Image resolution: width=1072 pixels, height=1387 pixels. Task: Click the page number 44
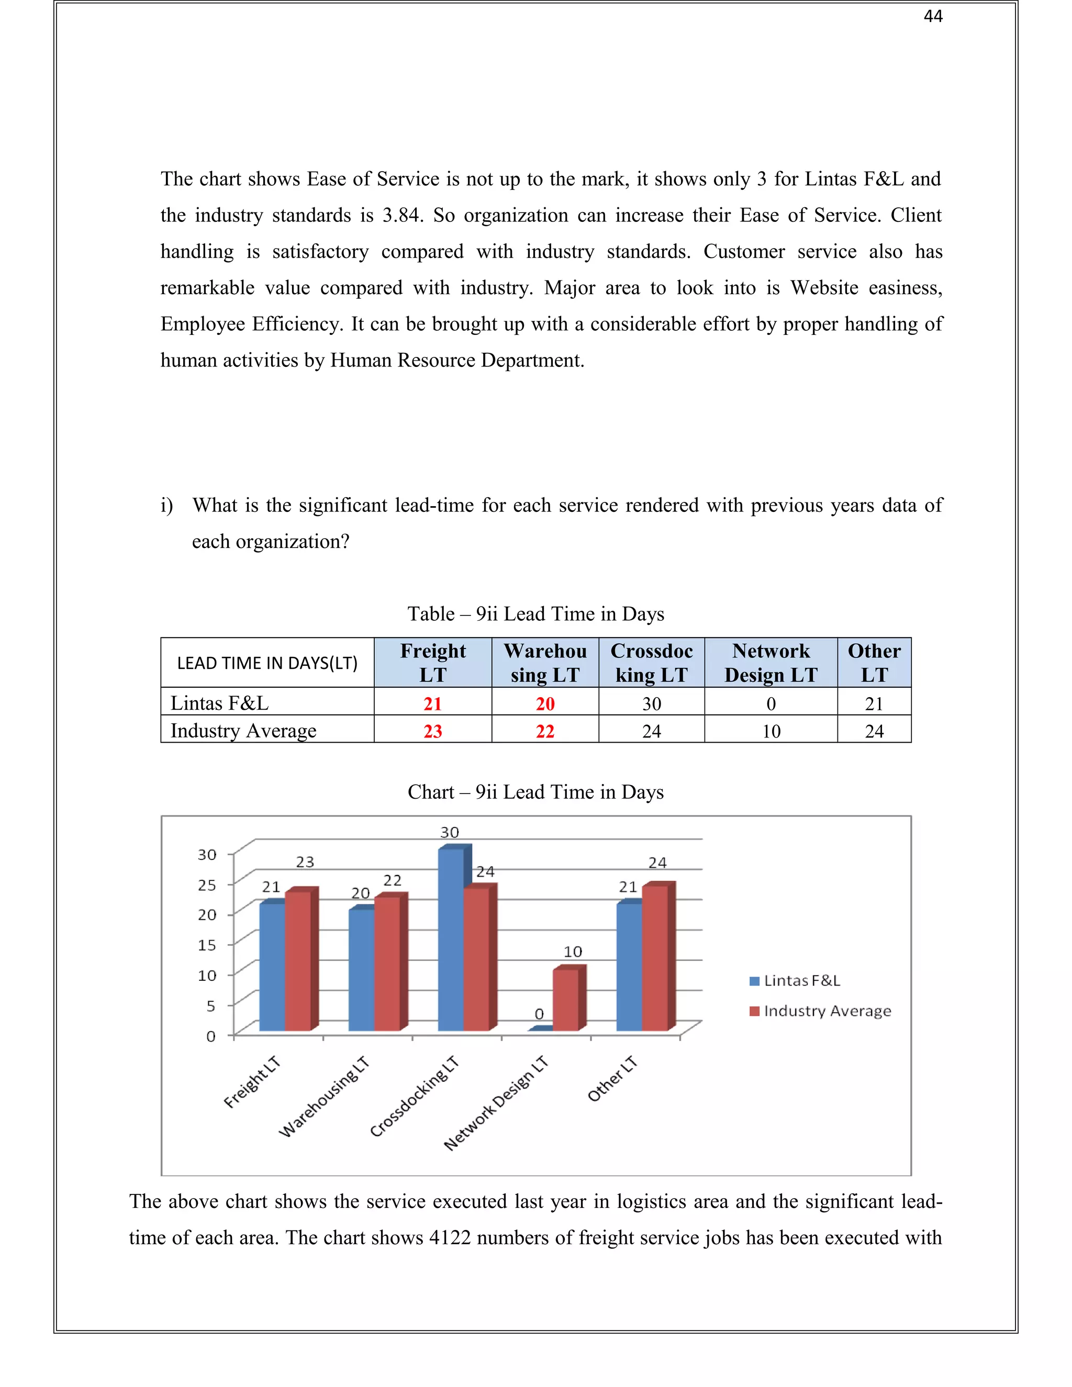(932, 17)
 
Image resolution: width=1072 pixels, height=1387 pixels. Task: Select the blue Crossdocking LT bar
(450, 940)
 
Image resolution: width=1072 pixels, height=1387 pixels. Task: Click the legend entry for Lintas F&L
(795, 980)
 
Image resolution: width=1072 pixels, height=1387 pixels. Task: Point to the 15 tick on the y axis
(207, 945)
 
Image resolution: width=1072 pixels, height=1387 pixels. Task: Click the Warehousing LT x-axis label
(325, 1097)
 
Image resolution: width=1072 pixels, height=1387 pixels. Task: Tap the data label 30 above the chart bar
(450, 832)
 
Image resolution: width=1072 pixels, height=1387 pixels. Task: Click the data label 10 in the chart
(573, 952)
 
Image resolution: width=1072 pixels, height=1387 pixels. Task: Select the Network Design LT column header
(770, 663)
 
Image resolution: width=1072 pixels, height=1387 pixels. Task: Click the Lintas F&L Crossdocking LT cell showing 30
(652, 703)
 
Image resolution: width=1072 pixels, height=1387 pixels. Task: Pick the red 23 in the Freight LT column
(432, 731)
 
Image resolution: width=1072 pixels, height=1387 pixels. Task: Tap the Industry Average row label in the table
(243, 730)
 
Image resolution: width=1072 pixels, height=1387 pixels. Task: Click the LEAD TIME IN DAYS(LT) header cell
(267, 663)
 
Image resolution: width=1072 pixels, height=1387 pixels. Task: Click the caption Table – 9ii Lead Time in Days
(535, 613)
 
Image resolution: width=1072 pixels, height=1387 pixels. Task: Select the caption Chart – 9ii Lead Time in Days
(535, 792)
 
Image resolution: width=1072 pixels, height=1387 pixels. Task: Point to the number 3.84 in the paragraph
(401, 215)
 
